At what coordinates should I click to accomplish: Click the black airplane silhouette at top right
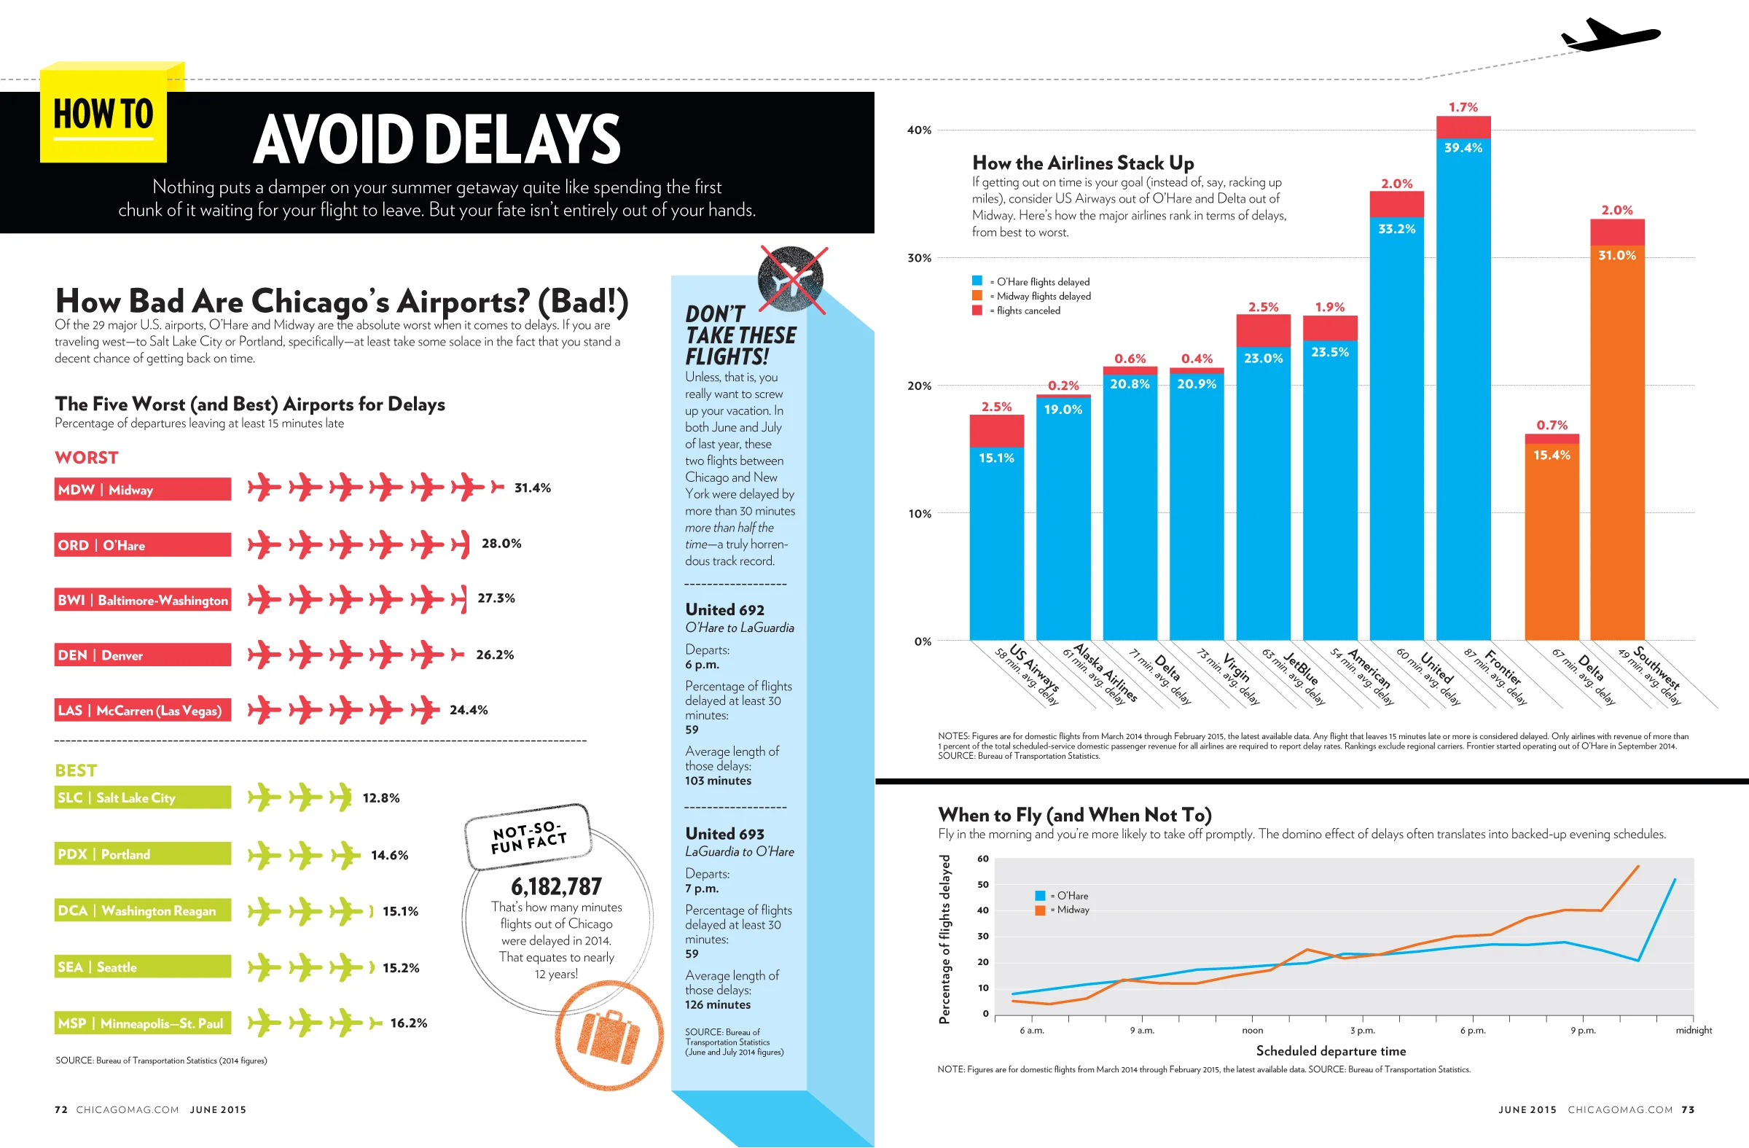(1609, 35)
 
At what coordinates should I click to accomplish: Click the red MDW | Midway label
(143, 490)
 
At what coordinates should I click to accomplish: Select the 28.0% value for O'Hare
(501, 544)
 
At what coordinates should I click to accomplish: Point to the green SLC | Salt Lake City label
(143, 797)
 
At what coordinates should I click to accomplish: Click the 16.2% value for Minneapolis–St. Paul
(409, 1023)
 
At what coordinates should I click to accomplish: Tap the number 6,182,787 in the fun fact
(556, 886)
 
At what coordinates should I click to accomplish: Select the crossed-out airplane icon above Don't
(792, 279)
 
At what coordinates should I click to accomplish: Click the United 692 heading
(724, 610)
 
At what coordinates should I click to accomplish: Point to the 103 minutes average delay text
(718, 781)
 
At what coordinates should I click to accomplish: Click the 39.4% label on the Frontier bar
(1463, 148)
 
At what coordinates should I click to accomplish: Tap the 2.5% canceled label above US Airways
(996, 407)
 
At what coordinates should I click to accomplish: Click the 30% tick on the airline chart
(920, 258)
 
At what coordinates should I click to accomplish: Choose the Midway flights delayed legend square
(977, 295)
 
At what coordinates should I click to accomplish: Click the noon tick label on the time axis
(1252, 1031)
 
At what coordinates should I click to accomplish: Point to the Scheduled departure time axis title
(1331, 1051)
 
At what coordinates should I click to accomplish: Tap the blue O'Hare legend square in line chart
(1040, 895)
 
